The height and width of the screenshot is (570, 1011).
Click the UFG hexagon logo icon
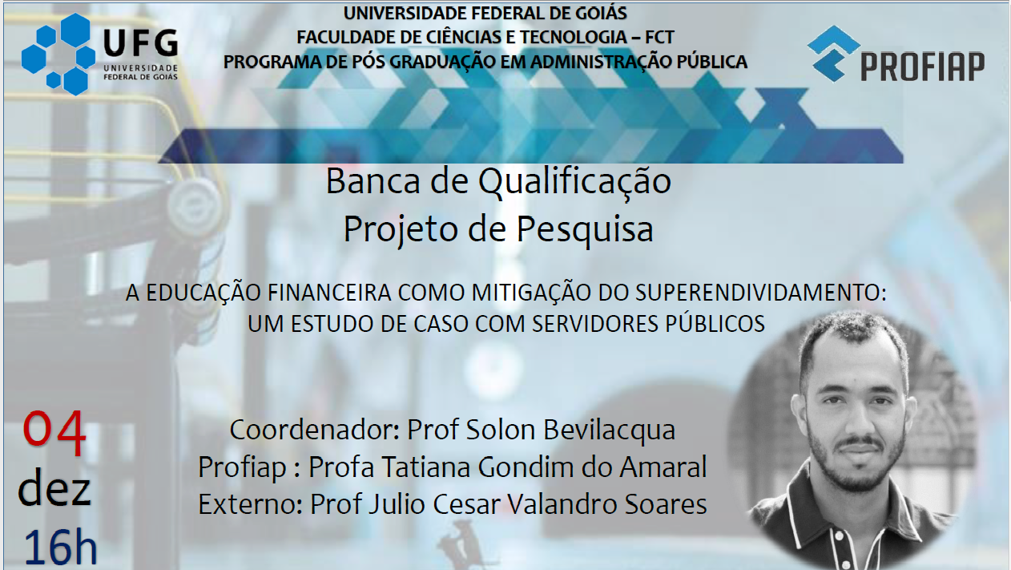pyautogui.click(x=58, y=55)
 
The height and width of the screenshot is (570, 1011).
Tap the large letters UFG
pyautogui.click(x=141, y=43)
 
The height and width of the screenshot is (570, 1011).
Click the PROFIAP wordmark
pyautogui.click(x=923, y=67)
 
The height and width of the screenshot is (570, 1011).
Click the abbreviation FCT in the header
pyautogui.click(x=659, y=38)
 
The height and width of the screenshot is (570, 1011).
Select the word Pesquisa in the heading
pyautogui.click(x=585, y=229)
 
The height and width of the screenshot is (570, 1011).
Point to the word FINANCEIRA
pyautogui.click(x=329, y=293)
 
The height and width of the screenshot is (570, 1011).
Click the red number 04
pyautogui.click(x=54, y=432)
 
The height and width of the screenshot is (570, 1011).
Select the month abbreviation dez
pyautogui.click(x=54, y=488)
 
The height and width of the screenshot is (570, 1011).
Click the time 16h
pyautogui.click(x=60, y=547)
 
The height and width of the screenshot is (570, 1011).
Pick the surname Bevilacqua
pyautogui.click(x=610, y=430)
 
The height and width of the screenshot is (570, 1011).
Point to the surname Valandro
pyautogui.click(x=562, y=504)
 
